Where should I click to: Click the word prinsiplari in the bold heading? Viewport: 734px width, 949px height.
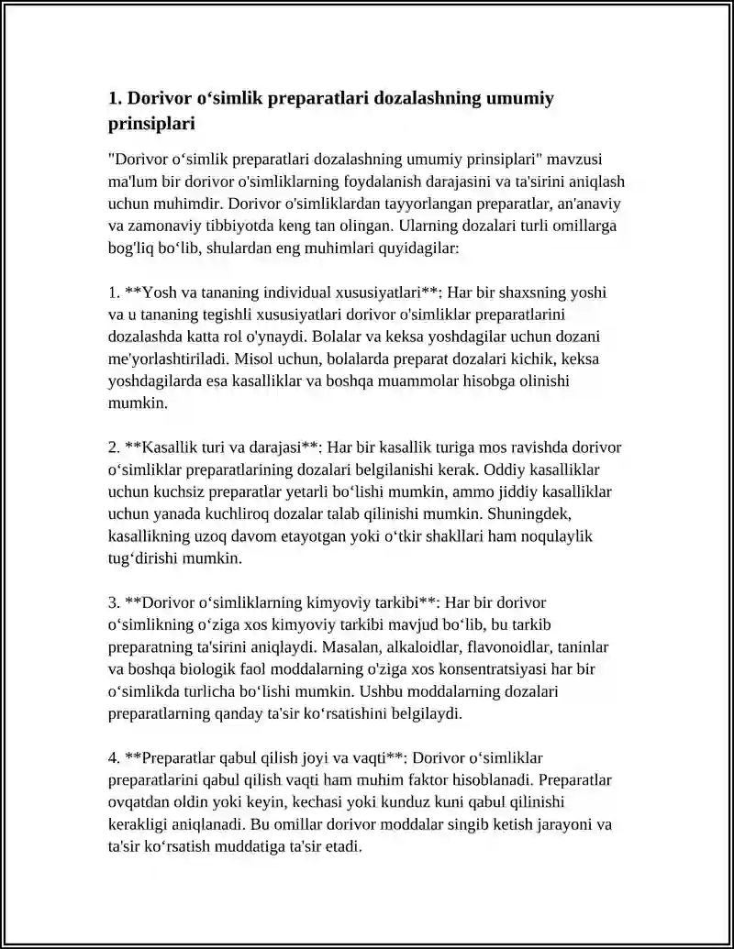tap(152, 123)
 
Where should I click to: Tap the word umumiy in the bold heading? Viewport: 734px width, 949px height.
tap(518, 98)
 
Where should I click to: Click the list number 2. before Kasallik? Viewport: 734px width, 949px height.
tap(114, 447)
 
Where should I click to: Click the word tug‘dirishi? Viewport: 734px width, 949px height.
tap(147, 557)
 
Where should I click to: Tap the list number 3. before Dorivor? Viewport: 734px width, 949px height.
tap(114, 602)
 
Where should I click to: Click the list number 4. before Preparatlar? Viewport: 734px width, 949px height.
tap(114, 757)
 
